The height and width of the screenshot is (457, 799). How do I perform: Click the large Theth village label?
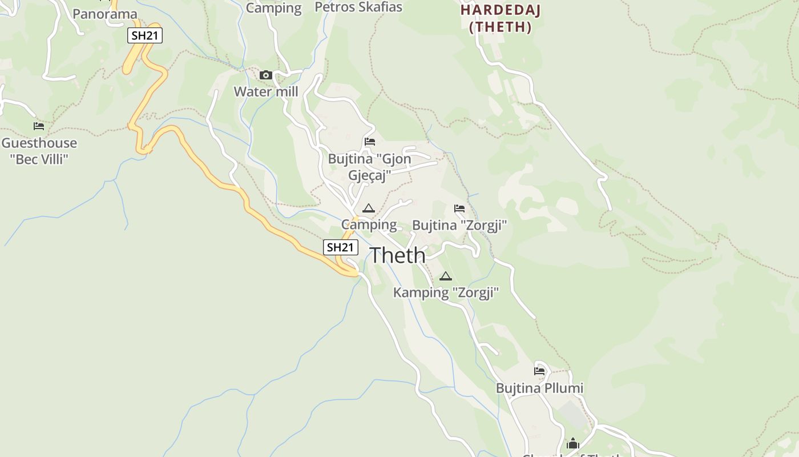point(398,255)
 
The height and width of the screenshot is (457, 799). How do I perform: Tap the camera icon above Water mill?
point(265,75)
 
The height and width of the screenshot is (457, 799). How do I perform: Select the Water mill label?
point(266,91)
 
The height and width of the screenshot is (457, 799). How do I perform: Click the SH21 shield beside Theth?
point(341,247)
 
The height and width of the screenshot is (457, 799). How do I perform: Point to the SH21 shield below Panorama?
point(145,35)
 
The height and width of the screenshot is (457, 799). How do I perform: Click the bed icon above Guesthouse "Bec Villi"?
point(39,126)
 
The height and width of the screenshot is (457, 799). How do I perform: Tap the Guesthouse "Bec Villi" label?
point(39,151)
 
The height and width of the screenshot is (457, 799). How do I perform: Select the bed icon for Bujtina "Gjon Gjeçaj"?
point(370,142)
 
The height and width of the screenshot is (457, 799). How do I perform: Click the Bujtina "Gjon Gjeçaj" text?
point(370,167)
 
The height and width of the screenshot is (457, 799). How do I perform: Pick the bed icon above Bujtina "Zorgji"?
point(459,209)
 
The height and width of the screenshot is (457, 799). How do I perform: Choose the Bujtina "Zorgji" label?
point(459,225)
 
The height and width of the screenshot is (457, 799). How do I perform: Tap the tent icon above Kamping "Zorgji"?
point(446,276)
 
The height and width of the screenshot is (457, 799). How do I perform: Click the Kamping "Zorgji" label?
point(446,293)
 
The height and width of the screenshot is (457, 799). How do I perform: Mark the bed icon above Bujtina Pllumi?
point(539,371)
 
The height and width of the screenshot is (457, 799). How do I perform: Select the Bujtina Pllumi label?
point(539,388)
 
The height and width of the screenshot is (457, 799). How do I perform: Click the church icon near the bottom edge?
point(573,443)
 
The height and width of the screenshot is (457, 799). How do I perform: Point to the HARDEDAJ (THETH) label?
point(501,18)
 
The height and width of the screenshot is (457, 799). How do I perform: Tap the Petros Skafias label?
point(358,7)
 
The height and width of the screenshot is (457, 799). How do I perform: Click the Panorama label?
point(105,14)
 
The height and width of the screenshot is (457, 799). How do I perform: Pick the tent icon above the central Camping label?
point(368,209)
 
